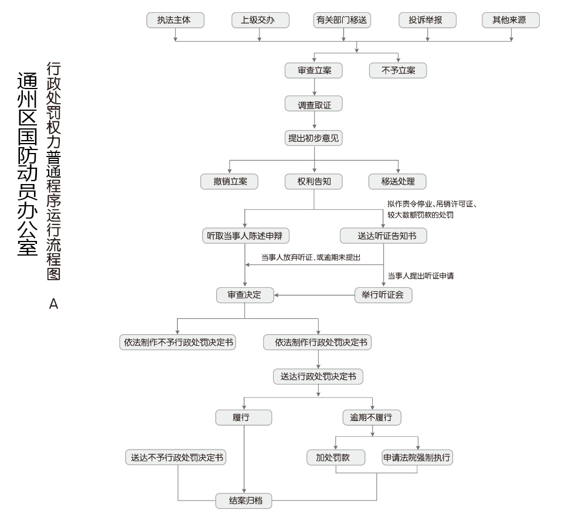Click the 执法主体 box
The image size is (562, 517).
(x=175, y=20)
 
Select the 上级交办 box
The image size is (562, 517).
(x=260, y=20)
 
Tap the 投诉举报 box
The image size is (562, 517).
(x=428, y=20)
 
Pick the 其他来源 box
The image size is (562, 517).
(x=511, y=20)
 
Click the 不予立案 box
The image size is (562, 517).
(x=398, y=70)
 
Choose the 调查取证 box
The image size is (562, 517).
(x=314, y=104)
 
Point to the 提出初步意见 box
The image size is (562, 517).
(x=314, y=138)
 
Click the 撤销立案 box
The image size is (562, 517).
(x=229, y=181)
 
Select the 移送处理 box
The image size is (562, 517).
(x=397, y=181)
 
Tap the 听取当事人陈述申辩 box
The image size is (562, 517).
(x=246, y=236)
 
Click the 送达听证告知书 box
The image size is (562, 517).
(x=383, y=236)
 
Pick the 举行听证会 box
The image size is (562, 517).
(x=383, y=295)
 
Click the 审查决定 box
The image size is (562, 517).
(x=245, y=295)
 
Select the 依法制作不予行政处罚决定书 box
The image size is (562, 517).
(x=178, y=342)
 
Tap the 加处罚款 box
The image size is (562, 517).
(x=336, y=457)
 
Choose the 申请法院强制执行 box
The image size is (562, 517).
(x=417, y=457)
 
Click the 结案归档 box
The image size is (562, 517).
(x=244, y=501)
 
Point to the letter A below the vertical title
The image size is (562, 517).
(x=53, y=304)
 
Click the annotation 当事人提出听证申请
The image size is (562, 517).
(x=421, y=275)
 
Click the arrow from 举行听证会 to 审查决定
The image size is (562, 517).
(x=315, y=295)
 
